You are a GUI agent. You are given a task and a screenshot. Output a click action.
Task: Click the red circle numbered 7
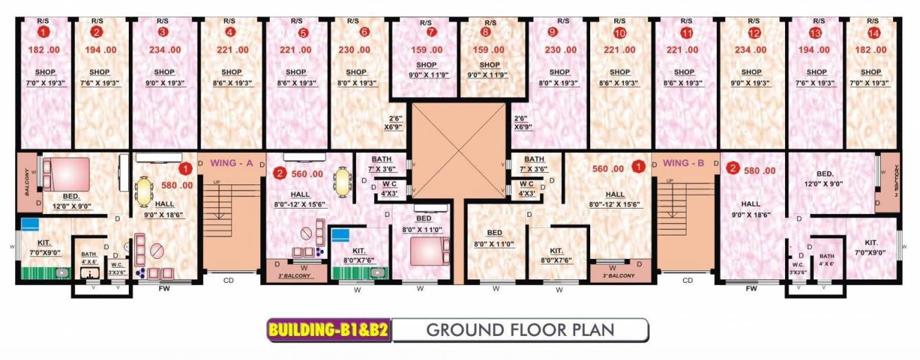pyautogui.click(x=431, y=32)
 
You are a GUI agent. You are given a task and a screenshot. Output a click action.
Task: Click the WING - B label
pyautogui.click(x=683, y=163)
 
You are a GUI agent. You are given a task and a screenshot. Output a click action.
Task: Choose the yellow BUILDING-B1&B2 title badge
pyautogui.click(x=328, y=330)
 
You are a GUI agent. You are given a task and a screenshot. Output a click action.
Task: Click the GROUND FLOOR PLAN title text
pyautogui.click(x=520, y=330)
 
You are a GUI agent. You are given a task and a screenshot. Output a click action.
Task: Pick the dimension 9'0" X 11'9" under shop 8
pyautogui.click(x=490, y=75)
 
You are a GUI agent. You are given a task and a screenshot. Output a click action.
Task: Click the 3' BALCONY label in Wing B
pyautogui.click(x=619, y=275)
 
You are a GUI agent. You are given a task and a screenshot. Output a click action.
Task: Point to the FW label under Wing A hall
pyautogui.click(x=165, y=289)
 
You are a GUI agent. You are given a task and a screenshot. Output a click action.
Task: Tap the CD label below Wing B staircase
pyautogui.click(x=687, y=280)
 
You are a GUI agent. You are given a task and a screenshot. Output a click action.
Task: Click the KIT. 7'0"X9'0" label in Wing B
pyautogui.click(x=870, y=247)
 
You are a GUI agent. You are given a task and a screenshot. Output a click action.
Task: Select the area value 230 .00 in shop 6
pyautogui.click(x=356, y=50)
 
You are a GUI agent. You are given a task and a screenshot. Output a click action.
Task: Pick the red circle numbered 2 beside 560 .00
pyautogui.click(x=280, y=173)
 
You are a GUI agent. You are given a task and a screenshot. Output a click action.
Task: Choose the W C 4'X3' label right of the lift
pyautogui.click(x=527, y=188)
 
